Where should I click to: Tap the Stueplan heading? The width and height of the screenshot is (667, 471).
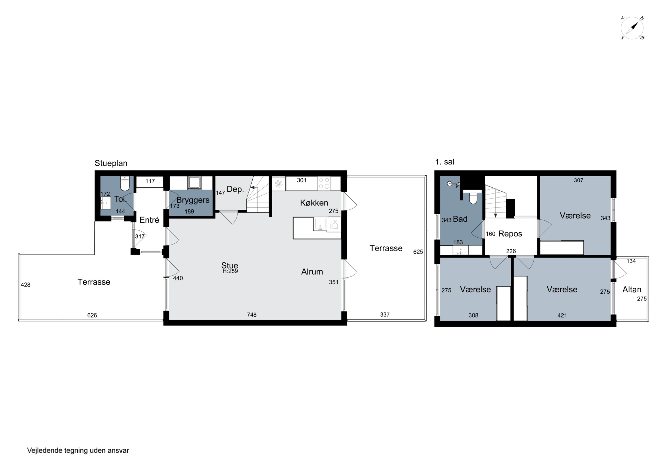coord(111,163)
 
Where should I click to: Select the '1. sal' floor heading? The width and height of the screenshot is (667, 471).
coord(444,162)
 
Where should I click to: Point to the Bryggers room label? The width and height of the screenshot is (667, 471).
coord(193,200)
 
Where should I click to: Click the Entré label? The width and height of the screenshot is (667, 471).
coord(149,220)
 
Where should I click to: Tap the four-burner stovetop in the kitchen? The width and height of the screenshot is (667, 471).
coord(324,183)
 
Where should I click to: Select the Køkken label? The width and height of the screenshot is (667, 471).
coord(314,203)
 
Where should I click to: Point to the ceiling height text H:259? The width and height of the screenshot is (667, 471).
coord(230,271)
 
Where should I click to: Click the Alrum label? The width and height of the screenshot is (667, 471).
coord(312,272)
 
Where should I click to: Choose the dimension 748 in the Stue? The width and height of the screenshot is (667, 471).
coord(252,315)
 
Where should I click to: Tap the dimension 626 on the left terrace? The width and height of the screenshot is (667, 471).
coord(92,315)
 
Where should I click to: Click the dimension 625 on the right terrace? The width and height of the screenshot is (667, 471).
coord(418,252)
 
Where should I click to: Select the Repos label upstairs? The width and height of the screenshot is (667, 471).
coord(510,234)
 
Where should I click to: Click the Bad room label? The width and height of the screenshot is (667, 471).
coord(460,219)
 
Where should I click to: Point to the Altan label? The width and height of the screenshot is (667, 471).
coord(632,290)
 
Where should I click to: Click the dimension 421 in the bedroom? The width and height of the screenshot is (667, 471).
coord(562,316)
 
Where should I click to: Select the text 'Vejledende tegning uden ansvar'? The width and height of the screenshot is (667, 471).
coord(78,450)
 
